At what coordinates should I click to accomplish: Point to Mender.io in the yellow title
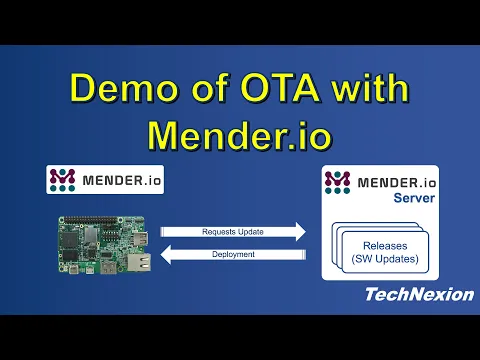(x=240, y=133)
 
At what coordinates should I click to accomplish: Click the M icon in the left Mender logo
(x=63, y=180)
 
